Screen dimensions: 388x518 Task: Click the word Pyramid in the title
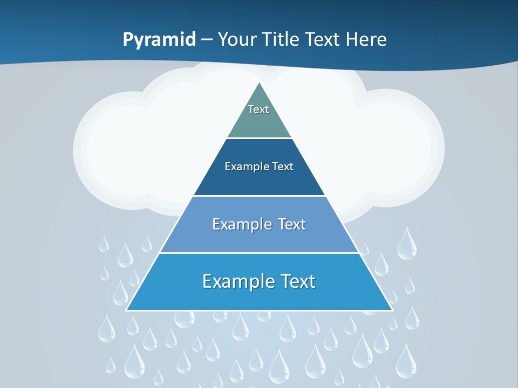click(x=159, y=40)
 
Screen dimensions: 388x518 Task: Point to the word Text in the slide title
click(x=323, y=39)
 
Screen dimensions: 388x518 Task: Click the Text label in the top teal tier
click(x=258, y=109)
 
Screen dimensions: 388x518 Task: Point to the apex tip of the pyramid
click(x=260, y=83)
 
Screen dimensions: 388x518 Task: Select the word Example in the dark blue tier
click(x=243, y=167)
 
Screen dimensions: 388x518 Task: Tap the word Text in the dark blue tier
click(x=283, y=167)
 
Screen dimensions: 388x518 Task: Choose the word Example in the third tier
click(x=240, y=224)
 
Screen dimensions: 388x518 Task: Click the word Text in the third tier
click(x=292, y=224)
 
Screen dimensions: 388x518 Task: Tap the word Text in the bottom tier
click(x=297, y=281)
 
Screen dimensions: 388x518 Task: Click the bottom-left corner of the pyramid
click(x=127, y=310)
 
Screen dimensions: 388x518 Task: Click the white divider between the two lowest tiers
click(x=259, y=253)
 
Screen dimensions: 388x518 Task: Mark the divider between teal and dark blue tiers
click(x=259, y=138)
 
